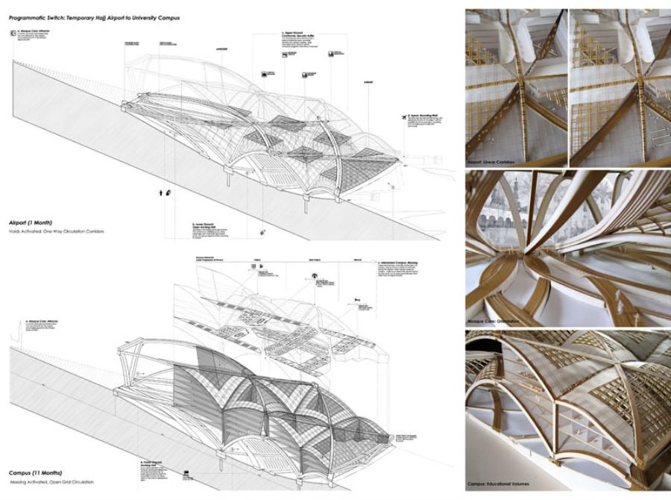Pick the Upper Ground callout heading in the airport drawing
point(294,34)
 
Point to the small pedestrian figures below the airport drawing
point(165,193)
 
